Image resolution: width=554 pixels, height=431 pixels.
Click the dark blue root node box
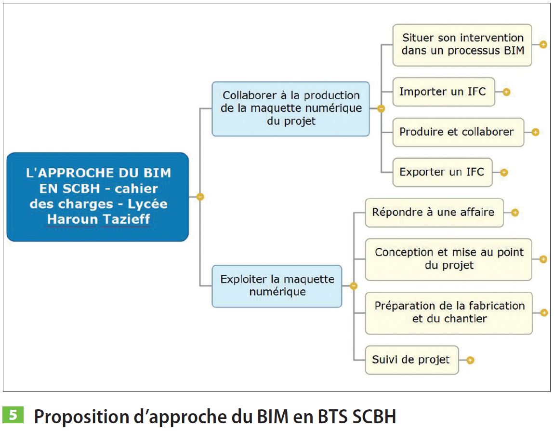click(97, 197)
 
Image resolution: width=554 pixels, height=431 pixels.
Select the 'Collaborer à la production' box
click(290, 108)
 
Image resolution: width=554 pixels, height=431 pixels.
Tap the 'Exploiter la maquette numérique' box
click(277, 286)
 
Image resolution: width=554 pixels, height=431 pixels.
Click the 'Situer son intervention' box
click(462, 44)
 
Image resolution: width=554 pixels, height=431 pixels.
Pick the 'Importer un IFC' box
click(443, 92)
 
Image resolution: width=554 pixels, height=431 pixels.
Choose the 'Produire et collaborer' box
click(458, 132)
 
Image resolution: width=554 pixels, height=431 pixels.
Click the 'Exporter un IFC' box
click(442, 172)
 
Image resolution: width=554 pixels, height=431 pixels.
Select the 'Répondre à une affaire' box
click(434, 213)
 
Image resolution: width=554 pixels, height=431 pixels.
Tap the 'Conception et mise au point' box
click(448, 259)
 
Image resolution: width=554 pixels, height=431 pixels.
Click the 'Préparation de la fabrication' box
click(448, 313)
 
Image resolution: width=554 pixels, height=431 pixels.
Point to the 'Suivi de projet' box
click(412, 360)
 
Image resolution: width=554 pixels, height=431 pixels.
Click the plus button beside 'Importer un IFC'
click(506, 92)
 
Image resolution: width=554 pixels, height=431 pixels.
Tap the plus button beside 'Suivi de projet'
click(470, 360)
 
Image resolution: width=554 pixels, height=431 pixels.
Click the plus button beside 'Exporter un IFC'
click(504, 172)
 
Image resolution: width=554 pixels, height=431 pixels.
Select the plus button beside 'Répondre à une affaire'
click(515, 213)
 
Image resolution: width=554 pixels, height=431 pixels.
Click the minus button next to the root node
click(200, 197)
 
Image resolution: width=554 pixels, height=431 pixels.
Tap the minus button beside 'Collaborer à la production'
click(381, 108)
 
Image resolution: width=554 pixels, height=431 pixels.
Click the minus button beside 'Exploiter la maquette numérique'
click(353, 286)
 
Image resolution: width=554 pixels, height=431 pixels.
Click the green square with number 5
click(13, 415)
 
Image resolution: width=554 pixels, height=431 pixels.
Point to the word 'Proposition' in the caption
click(81, 417)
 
